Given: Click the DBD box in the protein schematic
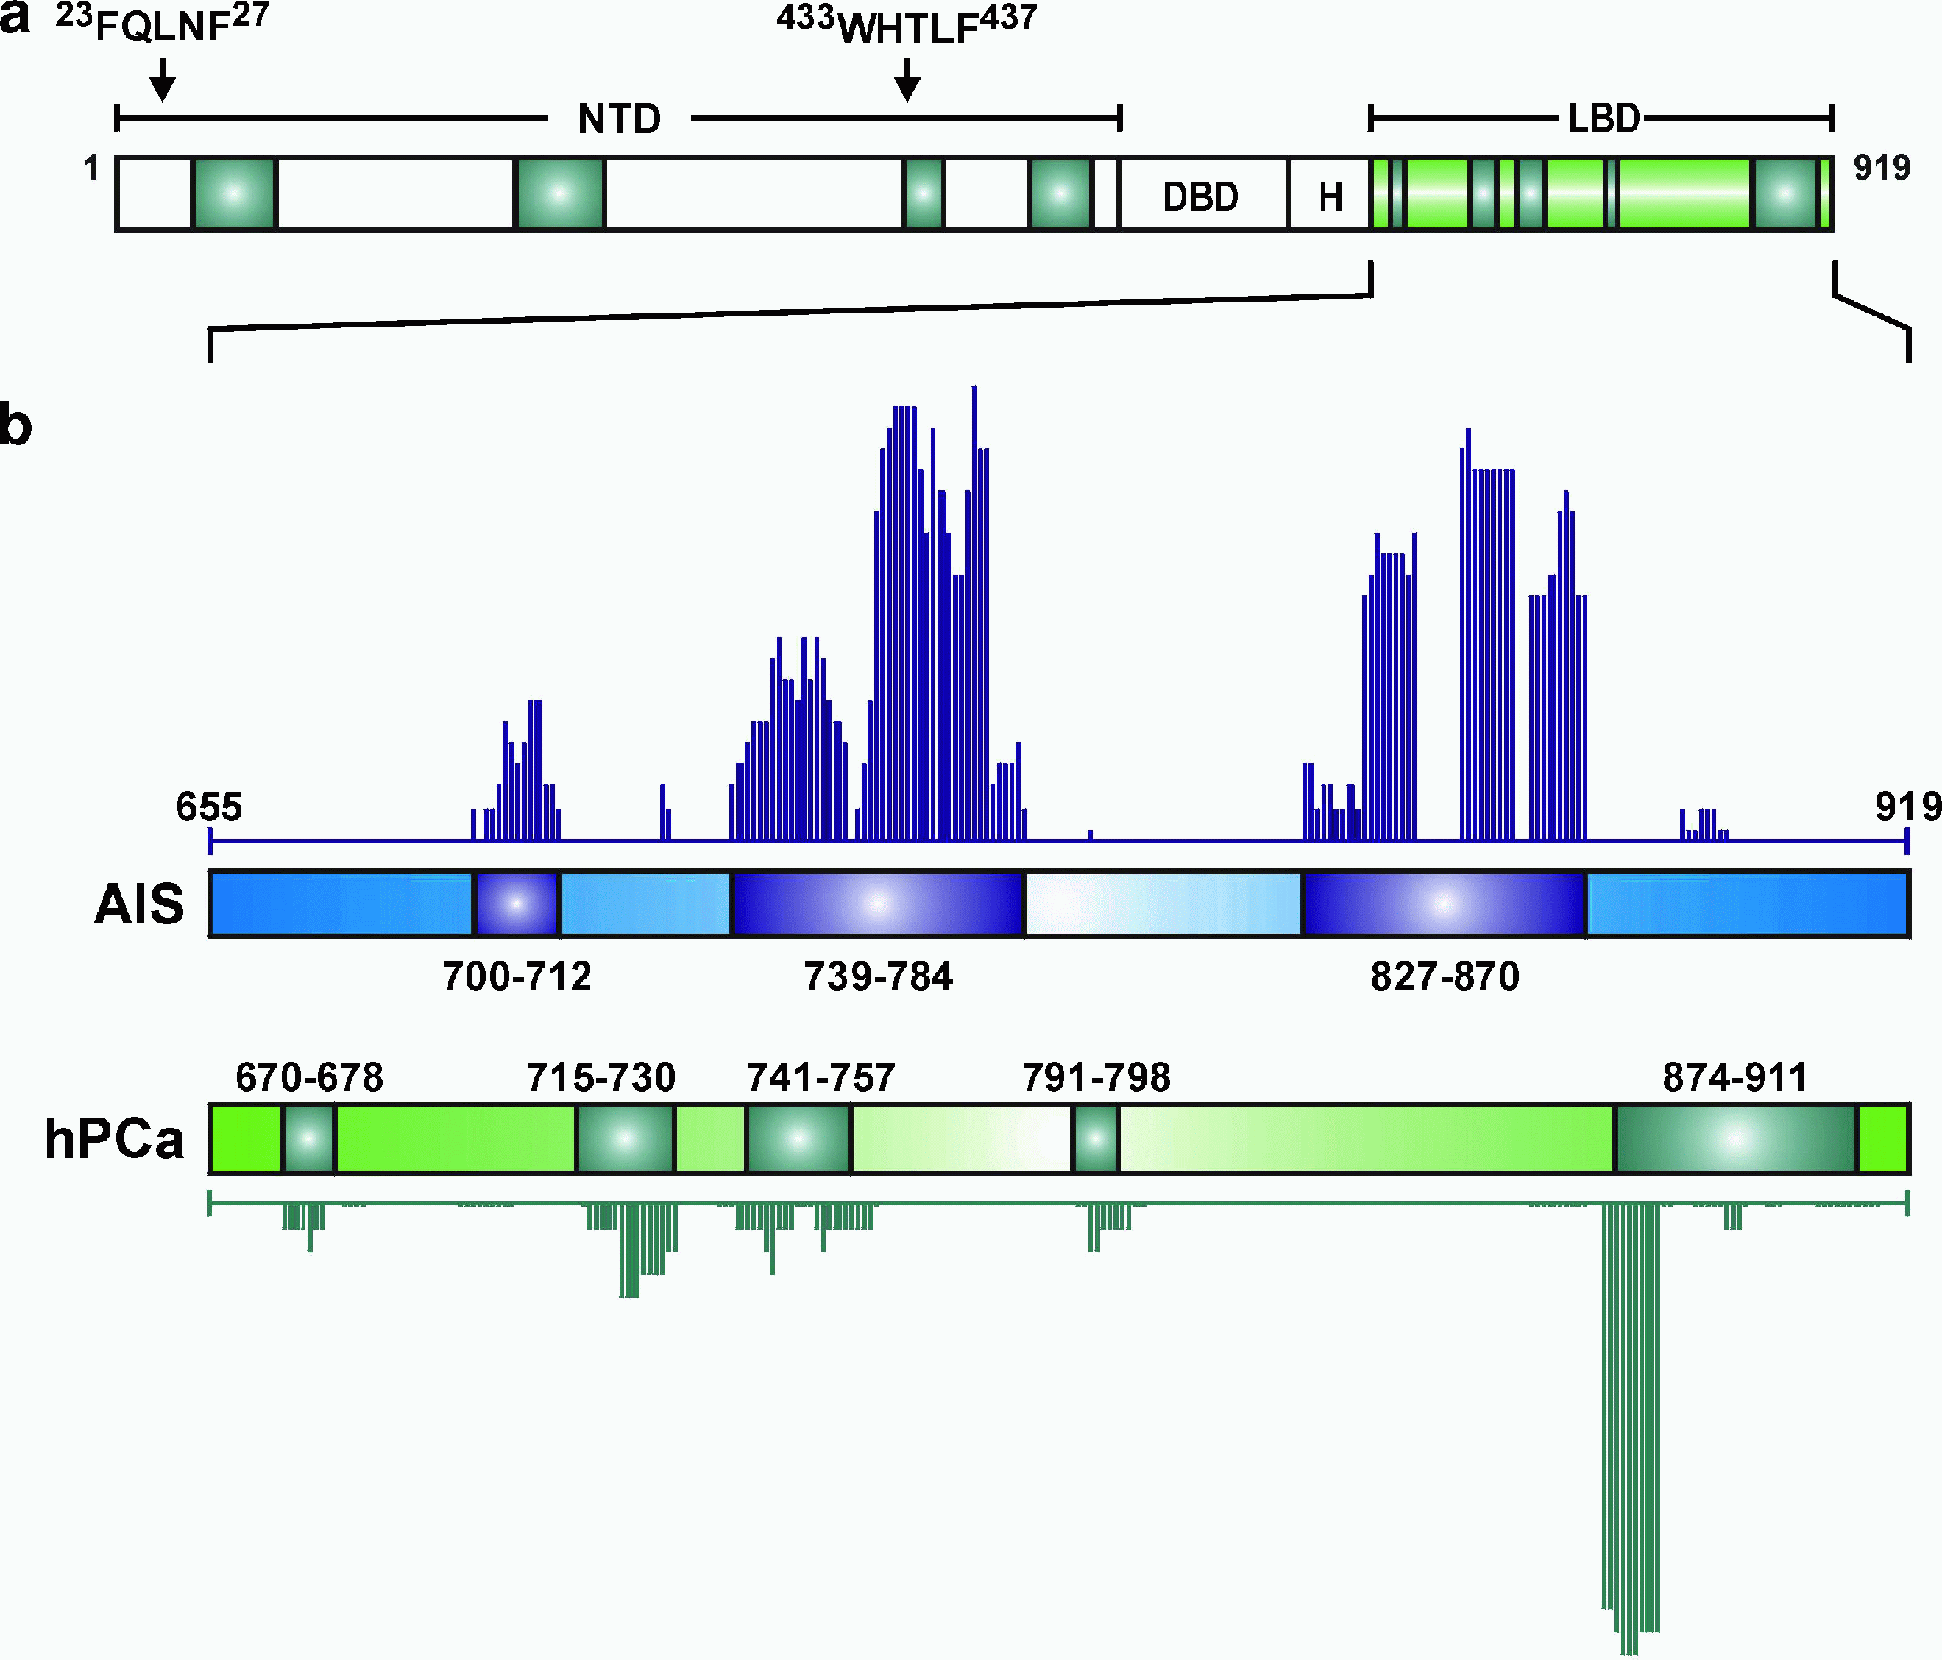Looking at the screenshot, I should coord(1202,196).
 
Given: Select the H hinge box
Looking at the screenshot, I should coord(1330,196).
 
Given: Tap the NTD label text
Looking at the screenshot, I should coord(620,120).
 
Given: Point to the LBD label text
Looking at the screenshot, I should coord(1603,120).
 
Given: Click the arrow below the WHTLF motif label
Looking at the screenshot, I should coord(907,81).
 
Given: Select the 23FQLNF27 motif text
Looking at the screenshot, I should coord(162,24).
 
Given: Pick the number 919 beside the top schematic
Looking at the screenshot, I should coord(1882,168).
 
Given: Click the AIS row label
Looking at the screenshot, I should coord(138,904).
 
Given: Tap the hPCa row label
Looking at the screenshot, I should coord(114,1140).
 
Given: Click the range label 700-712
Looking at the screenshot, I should coord(517,976).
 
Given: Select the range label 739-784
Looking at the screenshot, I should coord(877,976).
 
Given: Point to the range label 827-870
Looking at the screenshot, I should coord(1445,976).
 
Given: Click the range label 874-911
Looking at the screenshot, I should coord(1735,1078).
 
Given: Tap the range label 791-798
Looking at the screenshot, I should coord(1096,1078).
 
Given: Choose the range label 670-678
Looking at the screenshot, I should coord(309,1078).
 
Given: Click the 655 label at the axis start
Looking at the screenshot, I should coord(209,807).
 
